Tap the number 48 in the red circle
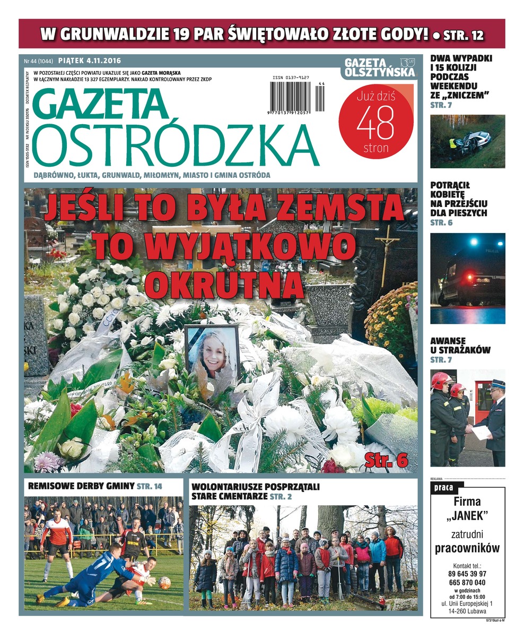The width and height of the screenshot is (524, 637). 375,123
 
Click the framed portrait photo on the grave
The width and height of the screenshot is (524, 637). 212,353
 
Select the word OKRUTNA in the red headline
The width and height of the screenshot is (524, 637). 224,285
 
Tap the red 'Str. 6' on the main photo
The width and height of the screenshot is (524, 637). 386,460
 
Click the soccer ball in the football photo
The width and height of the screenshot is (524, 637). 164,583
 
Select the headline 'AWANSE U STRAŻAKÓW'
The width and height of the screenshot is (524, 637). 460,346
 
